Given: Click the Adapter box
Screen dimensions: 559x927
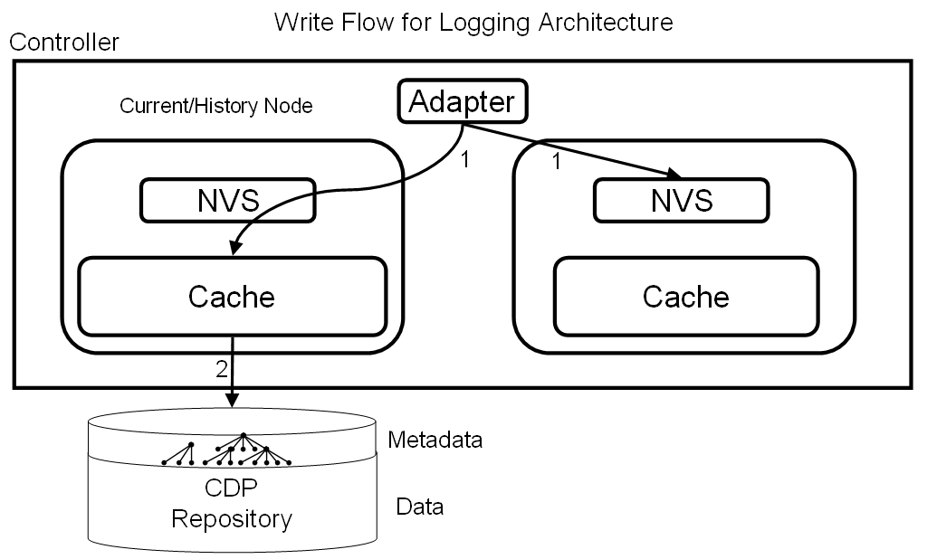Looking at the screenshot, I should point(462,101).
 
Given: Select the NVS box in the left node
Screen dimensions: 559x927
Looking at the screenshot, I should point(227,201).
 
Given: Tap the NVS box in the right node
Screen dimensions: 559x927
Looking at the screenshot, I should point(681,200).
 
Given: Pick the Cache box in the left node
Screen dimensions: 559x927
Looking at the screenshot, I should point(232,296).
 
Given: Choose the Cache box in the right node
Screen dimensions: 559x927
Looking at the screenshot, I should point(685,296).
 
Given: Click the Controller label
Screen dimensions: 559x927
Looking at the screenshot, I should point(63,43).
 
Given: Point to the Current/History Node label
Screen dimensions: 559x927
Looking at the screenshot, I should point(215,106).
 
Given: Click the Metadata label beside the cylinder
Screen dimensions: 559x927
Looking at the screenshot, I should point(435,441).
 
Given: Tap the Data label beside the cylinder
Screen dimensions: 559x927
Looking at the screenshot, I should point(420,507).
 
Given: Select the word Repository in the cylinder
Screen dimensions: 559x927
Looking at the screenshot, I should point(232,519).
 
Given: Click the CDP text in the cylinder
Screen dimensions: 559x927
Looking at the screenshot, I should point(232,488).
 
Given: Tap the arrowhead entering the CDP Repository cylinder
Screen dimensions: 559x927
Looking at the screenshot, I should point(234,400).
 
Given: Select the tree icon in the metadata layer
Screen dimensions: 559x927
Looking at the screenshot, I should point(226,452).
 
